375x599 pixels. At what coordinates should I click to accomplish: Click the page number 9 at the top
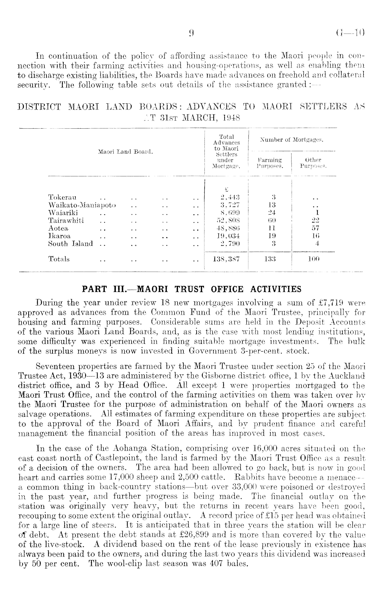[191, 33]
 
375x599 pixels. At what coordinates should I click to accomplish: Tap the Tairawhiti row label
[66, 221]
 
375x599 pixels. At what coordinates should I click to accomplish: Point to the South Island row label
[70, 243]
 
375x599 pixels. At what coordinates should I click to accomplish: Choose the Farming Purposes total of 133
[270, 259]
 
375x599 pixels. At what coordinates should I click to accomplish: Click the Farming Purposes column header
[270, 163]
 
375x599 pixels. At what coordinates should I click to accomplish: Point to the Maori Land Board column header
[125, 152]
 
